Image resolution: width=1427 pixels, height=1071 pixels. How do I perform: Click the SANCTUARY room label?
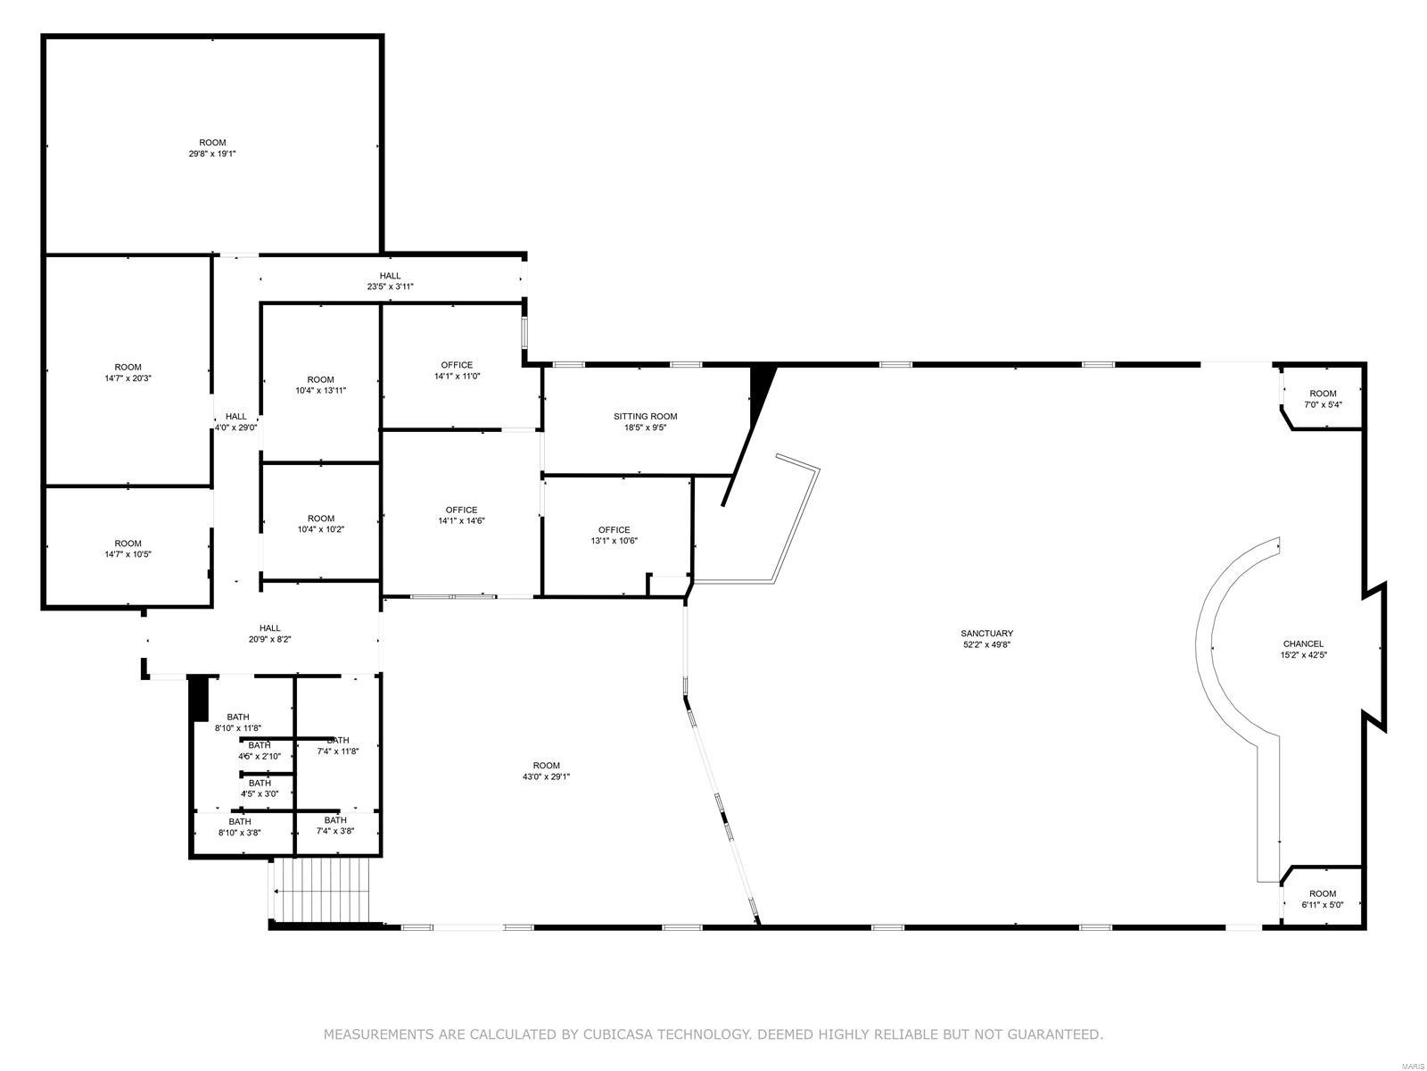(986, 633)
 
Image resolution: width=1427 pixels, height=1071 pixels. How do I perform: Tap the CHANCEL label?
(1303, 643)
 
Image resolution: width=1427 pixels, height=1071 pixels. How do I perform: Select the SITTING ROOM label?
(645, 416)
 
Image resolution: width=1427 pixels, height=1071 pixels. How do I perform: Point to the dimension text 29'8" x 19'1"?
(212, 154)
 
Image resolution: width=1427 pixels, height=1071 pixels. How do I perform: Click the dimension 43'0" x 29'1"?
(546, 776)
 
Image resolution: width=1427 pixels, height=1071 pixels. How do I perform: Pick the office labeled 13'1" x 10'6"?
(614, 535)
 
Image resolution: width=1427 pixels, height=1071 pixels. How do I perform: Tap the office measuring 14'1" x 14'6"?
(461, 516)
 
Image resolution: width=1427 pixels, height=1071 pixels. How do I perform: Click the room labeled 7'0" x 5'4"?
(1323, 399)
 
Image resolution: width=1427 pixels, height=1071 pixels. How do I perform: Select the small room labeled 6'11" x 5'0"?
(1322, 899)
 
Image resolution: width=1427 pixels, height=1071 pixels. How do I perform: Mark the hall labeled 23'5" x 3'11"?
(390, 281)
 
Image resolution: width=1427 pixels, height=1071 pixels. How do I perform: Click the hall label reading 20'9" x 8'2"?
(270, 634)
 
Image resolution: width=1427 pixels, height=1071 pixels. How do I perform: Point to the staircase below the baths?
(320, 890)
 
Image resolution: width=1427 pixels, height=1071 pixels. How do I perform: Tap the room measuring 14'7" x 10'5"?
(128, 548)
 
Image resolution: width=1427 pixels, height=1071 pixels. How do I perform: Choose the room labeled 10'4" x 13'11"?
(320, 385)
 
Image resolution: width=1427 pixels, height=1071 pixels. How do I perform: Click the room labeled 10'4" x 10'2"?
(320, 524)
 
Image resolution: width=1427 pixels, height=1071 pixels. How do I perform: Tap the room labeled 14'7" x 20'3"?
(128, 372)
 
